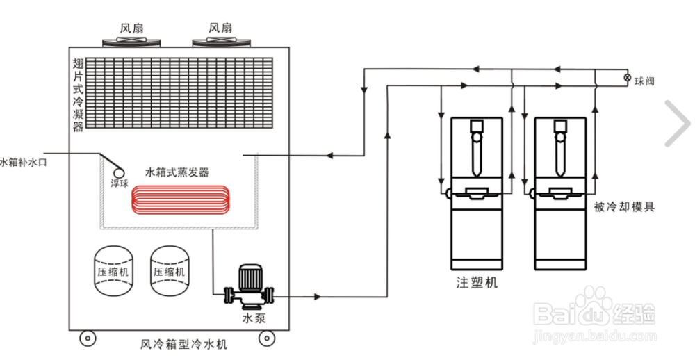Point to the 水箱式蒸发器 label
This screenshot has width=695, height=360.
click(177, 172)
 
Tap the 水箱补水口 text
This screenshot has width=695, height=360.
click(23, 163)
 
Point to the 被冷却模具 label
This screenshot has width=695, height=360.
click(624, 206)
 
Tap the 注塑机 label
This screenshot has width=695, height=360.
click(477, 283)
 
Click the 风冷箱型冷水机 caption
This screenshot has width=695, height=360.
click(183, 344)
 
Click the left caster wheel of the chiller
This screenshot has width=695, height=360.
click(88, 338)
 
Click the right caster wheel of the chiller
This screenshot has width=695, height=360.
click(266, 338)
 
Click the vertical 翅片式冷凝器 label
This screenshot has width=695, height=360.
click(78, 95)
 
